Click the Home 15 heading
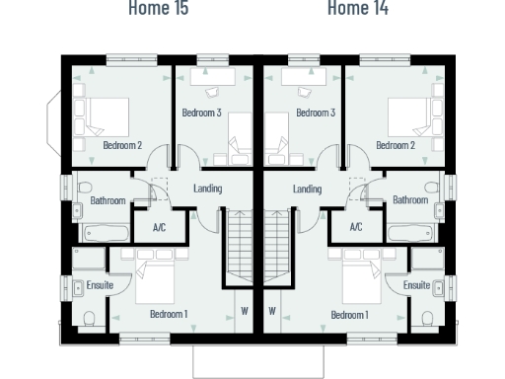pos(159,9)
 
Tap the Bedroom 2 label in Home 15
pos(122,145)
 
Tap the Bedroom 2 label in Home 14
pos(395,145)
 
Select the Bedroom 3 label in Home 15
pos(201,113)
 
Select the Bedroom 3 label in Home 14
pos(316,113)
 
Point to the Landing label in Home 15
pos(207,189)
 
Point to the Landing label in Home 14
pos(308,189)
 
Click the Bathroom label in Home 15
pos(108,199)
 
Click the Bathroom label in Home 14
pos(410,199)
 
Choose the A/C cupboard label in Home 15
pos(159,226)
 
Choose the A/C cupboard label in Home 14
pos(358,226)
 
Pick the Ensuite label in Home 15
pos(100,285)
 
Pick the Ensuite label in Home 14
pos(416,285)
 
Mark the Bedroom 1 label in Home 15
pos(169,314)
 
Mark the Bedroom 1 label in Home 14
pos(349,314)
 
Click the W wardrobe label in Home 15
pos(245,309)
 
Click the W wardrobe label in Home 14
pos(272,309)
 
